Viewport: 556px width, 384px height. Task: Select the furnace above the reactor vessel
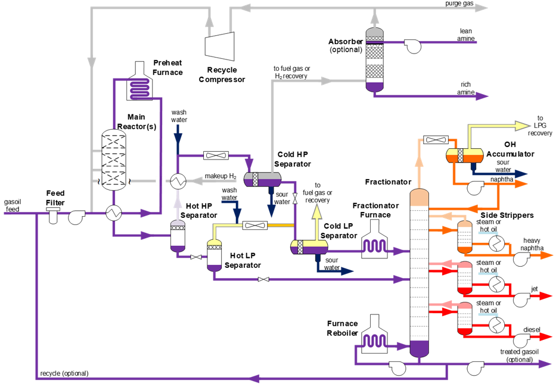tap(139, 84)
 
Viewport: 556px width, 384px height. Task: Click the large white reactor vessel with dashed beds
tap(114, 160)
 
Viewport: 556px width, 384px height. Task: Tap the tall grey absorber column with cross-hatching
tap(374, 60)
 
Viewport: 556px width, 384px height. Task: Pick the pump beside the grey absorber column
tap(413, 46)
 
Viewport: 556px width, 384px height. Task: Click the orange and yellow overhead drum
tap(465, 155)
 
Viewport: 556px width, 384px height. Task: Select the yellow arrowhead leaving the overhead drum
tap(523, 126)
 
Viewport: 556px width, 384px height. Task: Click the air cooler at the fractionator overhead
tap(437, 140)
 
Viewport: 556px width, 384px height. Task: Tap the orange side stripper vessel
tap(465, 236)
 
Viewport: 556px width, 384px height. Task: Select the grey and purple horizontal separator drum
tap(262, 179)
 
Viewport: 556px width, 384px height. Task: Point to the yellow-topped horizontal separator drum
tap(309, 246)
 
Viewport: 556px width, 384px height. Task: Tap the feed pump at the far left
tap(76, 217)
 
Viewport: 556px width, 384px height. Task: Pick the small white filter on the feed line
tap(53, 214)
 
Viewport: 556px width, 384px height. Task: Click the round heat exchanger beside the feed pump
tap(114, 213)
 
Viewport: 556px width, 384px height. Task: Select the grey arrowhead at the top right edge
tap(482, 8)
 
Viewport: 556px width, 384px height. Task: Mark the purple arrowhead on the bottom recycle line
tap(254, 378)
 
